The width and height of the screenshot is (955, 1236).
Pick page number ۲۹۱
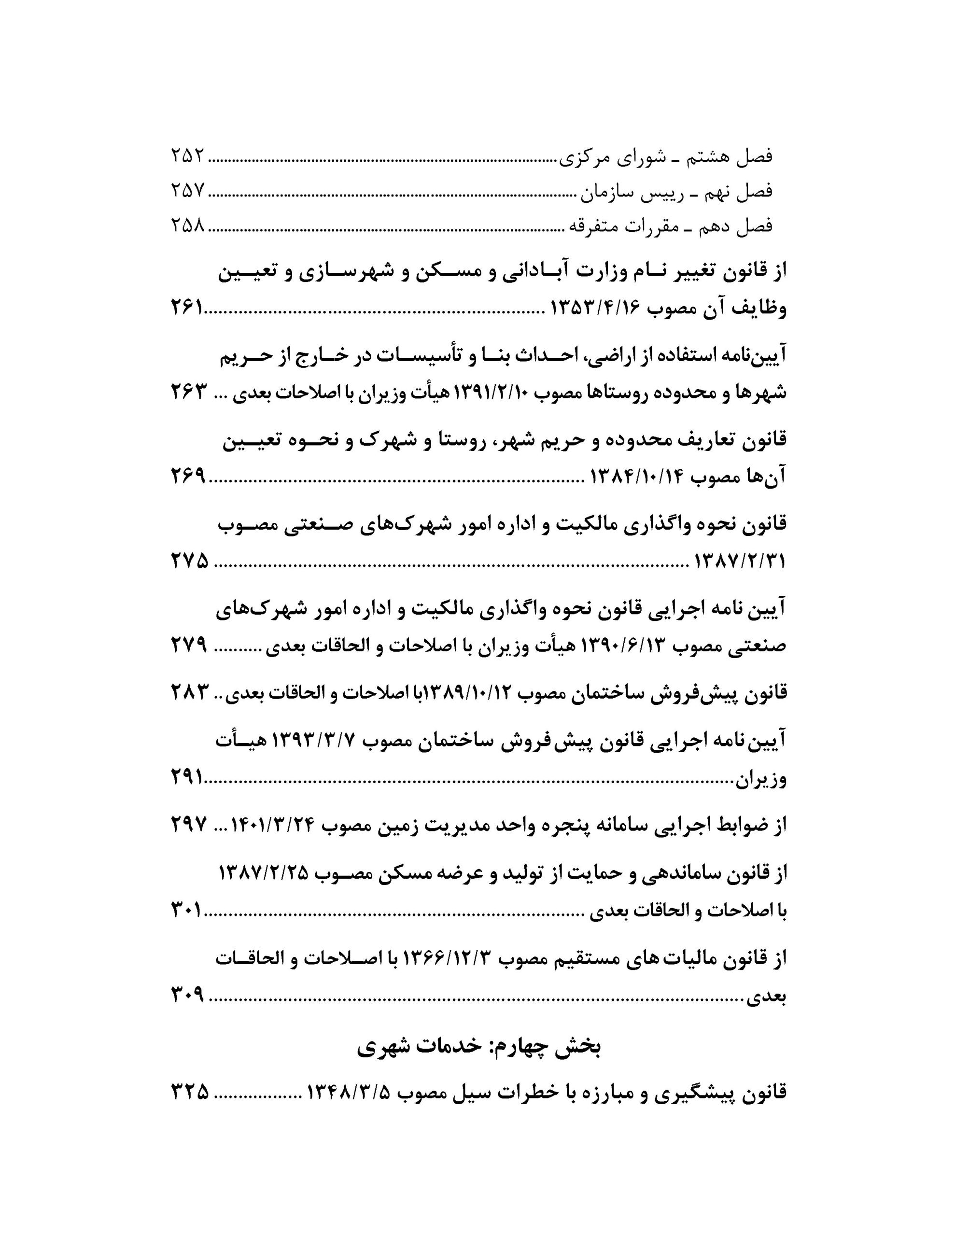coord(187,779)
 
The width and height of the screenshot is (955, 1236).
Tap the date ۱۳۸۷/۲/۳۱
coord(740,562)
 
